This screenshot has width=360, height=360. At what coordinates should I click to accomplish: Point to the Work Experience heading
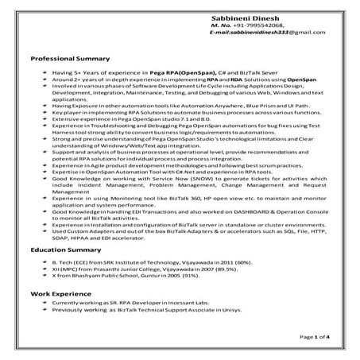tap(58, 294)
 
